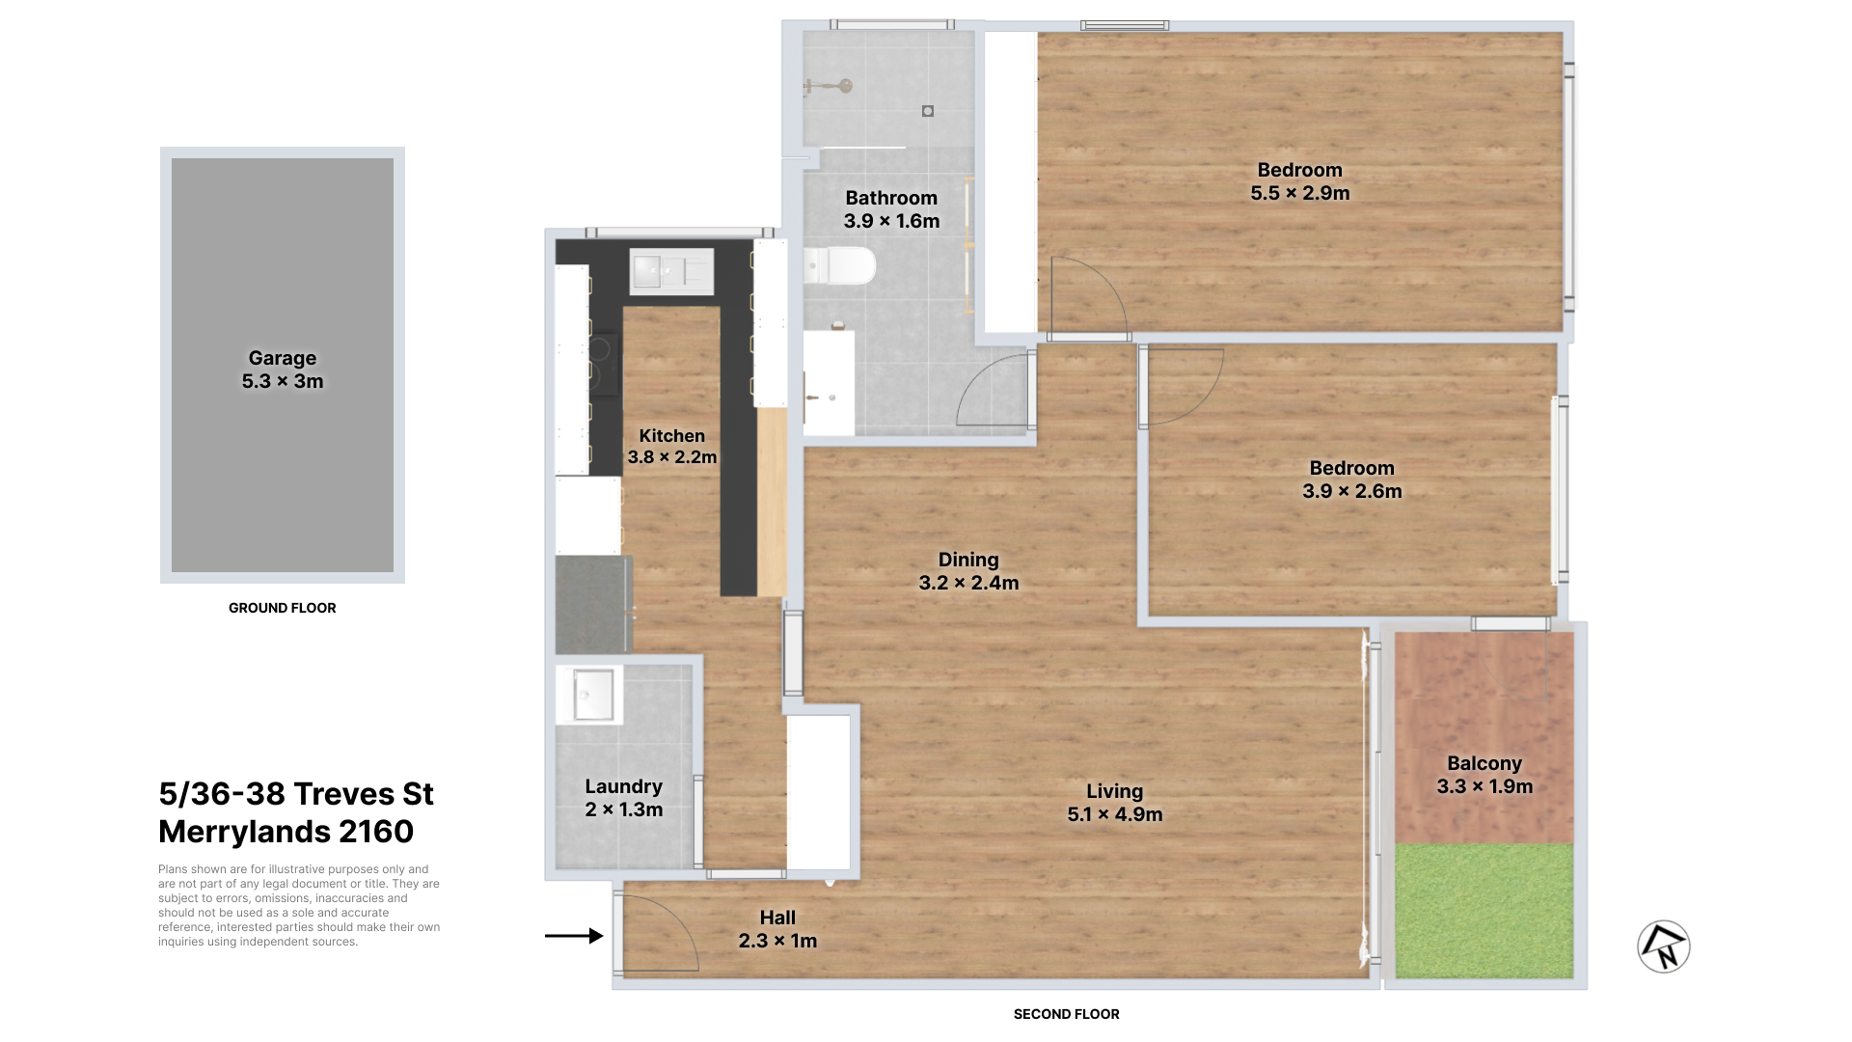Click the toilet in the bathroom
click(838, 266)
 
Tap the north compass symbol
click(1664, 946)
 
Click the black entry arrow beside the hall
click(574, 936)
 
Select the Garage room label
click(283, 358)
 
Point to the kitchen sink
click(671, 271)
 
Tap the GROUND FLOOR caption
click(283, 608)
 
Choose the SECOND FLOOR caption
click(1067, 1014)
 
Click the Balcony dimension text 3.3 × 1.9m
click(1484, 786)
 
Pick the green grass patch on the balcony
click(1484, 911)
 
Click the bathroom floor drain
click(928, 111)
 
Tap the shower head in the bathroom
click(831, 87)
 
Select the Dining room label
click(968, 560)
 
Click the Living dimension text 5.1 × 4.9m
click(1115, 814)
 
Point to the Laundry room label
click(623, 786)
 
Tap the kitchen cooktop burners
click(604, 365)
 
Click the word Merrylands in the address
click(244, 832)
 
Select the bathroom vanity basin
click(829, 382)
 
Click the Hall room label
click(777, 918)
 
